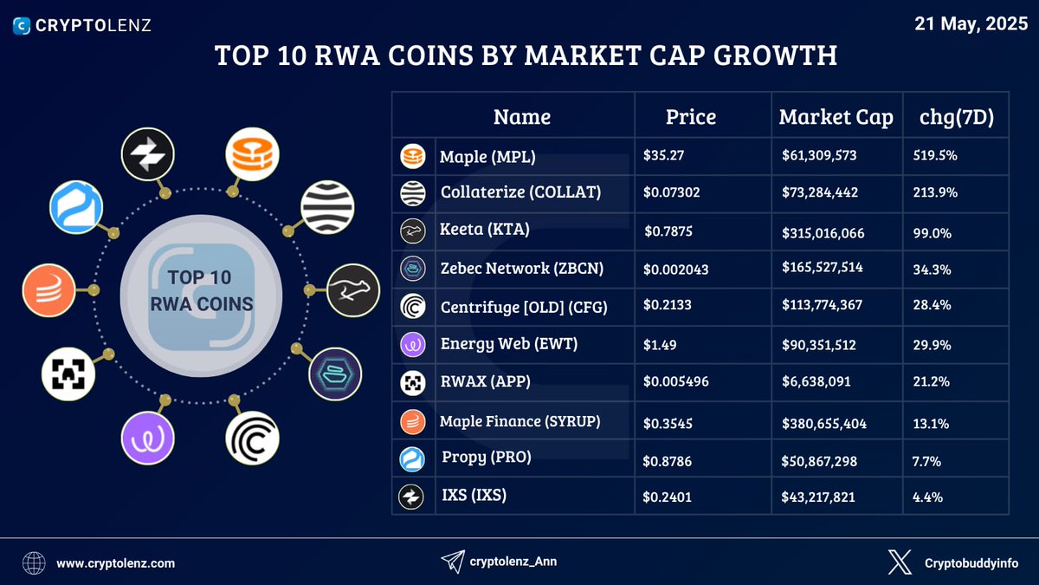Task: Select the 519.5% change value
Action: [935, 157]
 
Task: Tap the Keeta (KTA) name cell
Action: [484, 230]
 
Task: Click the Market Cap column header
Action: [836, 117]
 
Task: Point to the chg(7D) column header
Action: [956, 117]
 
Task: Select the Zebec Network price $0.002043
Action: [676, 270]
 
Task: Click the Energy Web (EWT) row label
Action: [508, 344]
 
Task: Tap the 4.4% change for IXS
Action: [928, 497]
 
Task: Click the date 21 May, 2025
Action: [970, 23]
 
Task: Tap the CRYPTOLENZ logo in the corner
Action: [83, 25]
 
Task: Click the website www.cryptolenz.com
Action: [115, 563]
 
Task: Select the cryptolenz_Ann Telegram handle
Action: [513, 562]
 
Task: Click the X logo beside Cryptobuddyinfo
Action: [900, 562]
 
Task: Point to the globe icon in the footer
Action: [35, 563]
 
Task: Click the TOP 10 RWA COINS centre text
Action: [201, 291]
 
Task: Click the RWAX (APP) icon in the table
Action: [412, 382]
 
